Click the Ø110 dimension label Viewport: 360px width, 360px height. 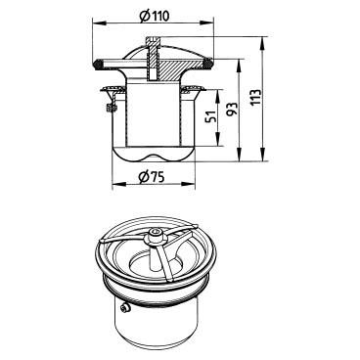coord(154,16)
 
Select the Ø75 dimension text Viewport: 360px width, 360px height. coord(151,177)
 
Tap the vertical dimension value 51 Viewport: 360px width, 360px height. coord(211,116)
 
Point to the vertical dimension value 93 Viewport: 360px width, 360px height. coord(233,110)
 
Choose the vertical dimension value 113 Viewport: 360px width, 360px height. coord(256,97)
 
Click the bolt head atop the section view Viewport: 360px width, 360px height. coord(153,41)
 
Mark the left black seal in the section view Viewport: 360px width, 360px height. coord(97,64)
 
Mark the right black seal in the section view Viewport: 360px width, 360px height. coord(207,64)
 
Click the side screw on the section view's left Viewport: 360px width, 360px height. coord(111,107)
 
